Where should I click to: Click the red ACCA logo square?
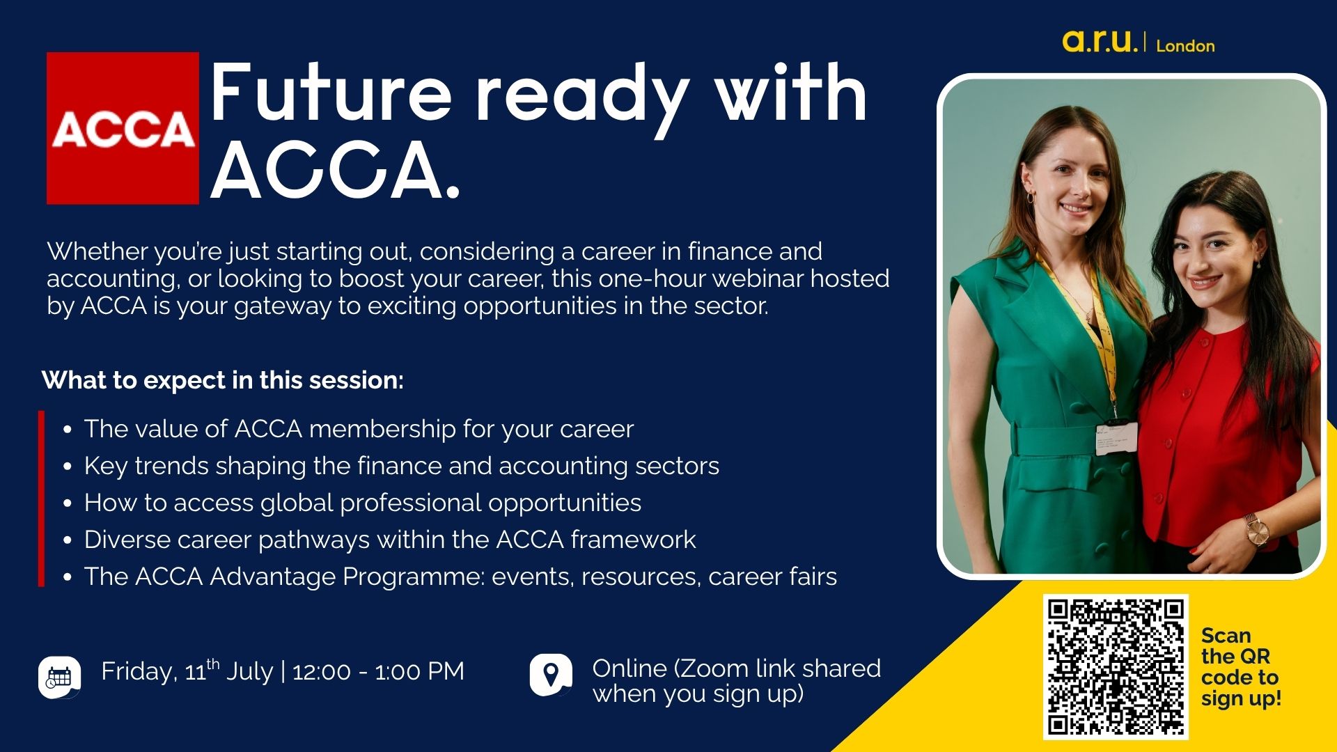(123, 128)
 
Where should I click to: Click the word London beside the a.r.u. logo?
(1185, 46)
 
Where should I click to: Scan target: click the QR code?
(1115, 666)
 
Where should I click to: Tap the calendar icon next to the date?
(59, 677)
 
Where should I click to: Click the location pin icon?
(551, 675)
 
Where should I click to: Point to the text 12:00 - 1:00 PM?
(378, 671)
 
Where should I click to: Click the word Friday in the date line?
(136, 671)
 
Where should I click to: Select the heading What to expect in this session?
(223, 380)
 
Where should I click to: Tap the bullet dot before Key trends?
(68, 467)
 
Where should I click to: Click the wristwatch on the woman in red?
(1256, 531)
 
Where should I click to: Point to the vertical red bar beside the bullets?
(42, 499)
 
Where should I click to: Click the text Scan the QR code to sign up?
(1240, 666)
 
